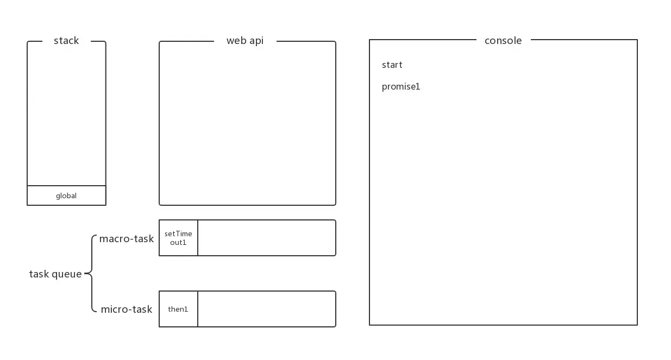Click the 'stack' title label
66,41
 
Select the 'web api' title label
244,41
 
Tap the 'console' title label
503,41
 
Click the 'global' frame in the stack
66,195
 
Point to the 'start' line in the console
392,65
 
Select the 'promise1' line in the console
401,87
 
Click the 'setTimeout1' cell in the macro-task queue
178,238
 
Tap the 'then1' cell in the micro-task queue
178,309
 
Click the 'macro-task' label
127,239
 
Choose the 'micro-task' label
127,310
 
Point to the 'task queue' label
55,274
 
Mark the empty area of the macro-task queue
266,238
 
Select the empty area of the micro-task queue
266,309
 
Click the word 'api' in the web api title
256,41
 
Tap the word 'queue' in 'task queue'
67,275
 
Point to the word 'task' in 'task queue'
39,274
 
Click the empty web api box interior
247,125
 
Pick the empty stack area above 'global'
66,114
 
